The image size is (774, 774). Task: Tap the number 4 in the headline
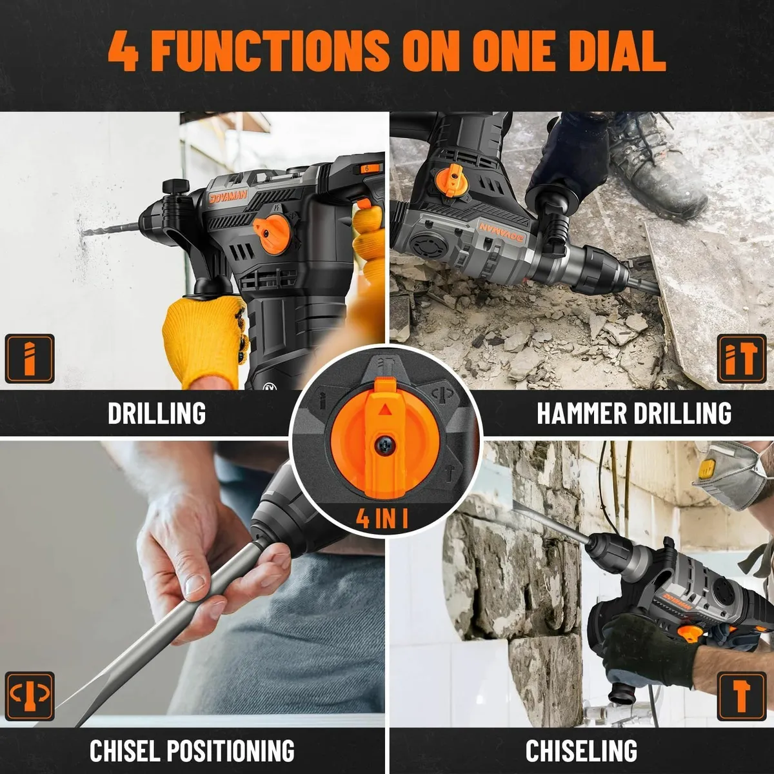[123, 50]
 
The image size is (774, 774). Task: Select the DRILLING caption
[157, 413]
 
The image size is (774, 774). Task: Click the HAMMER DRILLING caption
[634, 413]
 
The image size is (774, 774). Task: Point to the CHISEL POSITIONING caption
[192, 751]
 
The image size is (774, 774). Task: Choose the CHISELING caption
[581, 751]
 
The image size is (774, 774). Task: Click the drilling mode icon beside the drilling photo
[29, 359]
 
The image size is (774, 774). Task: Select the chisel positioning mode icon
[29, 696]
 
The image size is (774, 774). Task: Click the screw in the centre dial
[384, 446]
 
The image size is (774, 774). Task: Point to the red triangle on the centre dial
[385, 410]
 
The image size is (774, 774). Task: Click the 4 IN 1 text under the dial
[382, 517]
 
